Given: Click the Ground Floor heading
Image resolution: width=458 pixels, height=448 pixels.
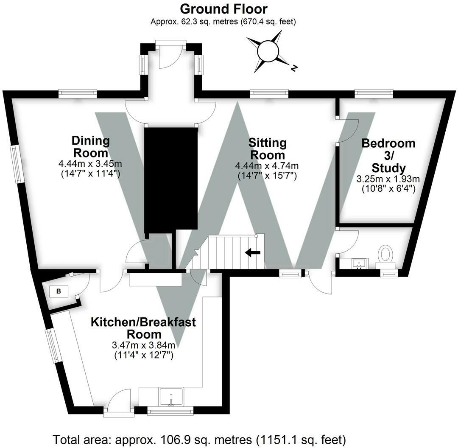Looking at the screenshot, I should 223,8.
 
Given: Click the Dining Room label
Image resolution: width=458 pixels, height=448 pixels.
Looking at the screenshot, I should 90,146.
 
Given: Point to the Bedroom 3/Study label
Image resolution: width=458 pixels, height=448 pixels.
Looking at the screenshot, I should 388,155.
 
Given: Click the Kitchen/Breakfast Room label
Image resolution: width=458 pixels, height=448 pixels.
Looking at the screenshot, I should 143,328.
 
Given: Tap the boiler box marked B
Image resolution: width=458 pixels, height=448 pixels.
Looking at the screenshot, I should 59,291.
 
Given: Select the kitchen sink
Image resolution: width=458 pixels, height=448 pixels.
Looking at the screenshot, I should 171,397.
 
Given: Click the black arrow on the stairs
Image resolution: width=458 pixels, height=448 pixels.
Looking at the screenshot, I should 253,253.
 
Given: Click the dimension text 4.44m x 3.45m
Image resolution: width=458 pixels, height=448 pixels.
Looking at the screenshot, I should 90,163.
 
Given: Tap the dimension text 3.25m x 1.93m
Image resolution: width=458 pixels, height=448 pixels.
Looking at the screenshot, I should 388,179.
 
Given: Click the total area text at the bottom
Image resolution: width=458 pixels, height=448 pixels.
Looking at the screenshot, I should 199,439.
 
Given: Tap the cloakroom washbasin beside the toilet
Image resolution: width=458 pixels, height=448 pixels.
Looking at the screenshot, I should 360,263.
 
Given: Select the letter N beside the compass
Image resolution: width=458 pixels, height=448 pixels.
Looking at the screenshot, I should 293,68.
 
